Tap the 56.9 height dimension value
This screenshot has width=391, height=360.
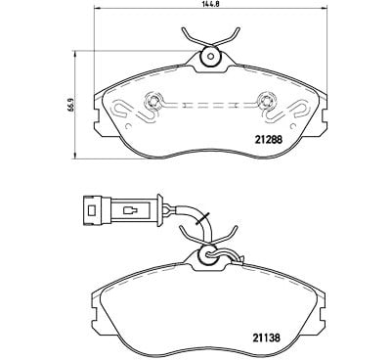coord(69,105)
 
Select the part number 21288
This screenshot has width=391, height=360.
coord(268,140)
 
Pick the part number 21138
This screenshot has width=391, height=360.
coord(266,337)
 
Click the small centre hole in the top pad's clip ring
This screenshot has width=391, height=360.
coord(210,57)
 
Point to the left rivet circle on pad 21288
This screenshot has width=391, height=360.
coord(152,102)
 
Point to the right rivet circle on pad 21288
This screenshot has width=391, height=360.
coord(266,102)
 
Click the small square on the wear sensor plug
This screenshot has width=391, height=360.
coord(92,210)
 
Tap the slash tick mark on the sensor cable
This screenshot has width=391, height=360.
coord(202,218)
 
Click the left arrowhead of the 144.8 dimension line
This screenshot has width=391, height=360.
coord(97,9)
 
